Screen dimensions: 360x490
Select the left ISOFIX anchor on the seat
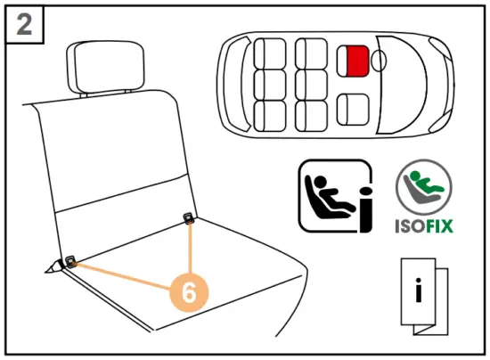(x=69, y=261)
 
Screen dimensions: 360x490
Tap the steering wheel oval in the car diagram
(x=379, y=61)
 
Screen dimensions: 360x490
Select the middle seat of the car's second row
(x=311, y=85)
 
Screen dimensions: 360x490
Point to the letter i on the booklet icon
(x=419, y=288)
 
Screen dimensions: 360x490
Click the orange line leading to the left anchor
(x=120, y=275)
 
